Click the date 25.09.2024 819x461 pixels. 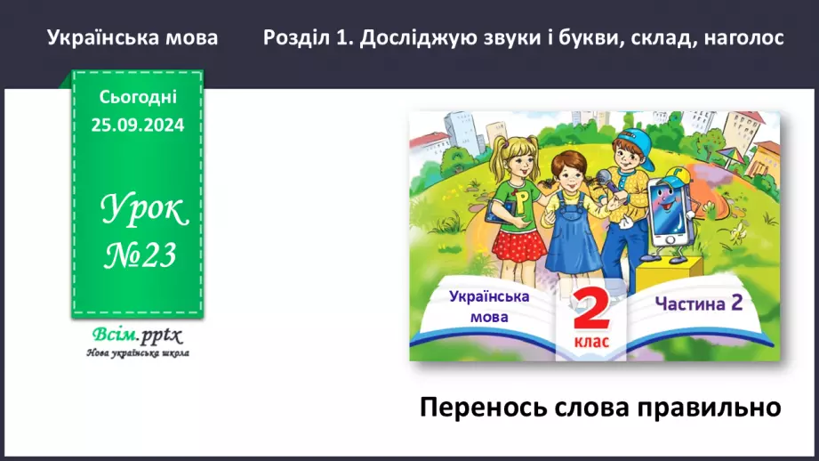tap(137, 125)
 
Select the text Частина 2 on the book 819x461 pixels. tap(699, 303)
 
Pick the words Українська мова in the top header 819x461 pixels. tap(132, 38)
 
